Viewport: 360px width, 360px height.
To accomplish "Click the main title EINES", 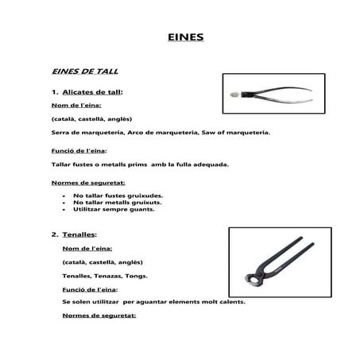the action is point(188,37).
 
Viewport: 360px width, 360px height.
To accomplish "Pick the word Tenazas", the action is point(108,276).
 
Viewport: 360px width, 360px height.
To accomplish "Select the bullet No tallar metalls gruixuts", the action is point(118,202).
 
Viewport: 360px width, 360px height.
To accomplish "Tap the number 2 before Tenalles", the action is point(54,234).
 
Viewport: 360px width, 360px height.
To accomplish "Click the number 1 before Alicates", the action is point(54,92).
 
